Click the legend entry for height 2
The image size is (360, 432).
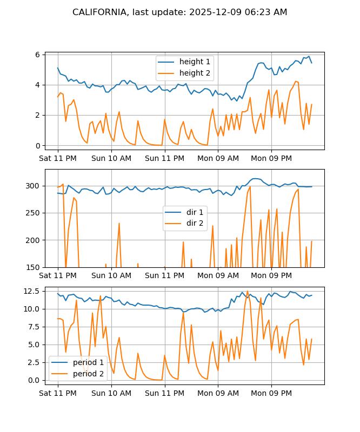pos(184,73)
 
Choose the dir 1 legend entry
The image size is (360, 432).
pos(186,212)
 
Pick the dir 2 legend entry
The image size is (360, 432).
pos(186,224)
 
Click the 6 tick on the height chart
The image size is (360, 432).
pos(38,55)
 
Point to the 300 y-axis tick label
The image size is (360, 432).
pos(34,186)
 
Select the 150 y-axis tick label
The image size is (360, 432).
pos(34,267)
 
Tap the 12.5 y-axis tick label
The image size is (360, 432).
pos(32,291)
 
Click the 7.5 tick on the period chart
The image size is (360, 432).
pos(34,327)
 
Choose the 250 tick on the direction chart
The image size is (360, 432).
pos(34,213)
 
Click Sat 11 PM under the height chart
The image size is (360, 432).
pos(58,158)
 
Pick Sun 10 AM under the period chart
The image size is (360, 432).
pos(111,393)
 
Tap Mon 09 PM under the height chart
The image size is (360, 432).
pos(272,158)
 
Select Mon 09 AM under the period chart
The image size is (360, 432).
pos(218,393)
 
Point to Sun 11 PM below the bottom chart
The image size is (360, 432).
pos(165,393)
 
